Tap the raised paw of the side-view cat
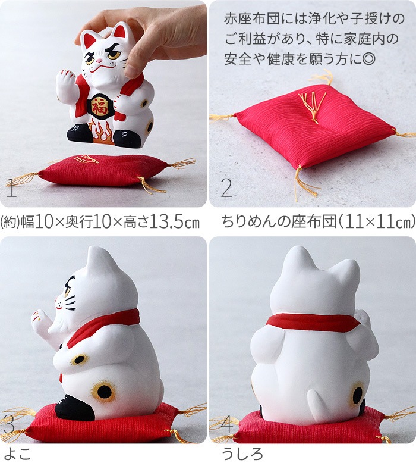pos(41,322)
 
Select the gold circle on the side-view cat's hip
pos(103,391)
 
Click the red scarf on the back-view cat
pos(314,322)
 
